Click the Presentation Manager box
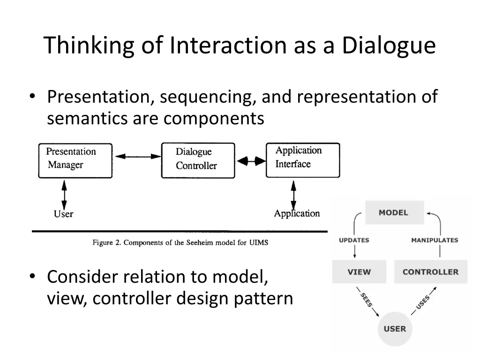(x=75, y=161)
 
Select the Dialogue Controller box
(x=198, y=160)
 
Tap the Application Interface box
(x=303, y=160)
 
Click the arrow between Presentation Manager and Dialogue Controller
(x=138, y=157)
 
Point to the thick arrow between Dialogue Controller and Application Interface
(x=251, y=161)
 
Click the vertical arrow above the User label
(x=64, y=195)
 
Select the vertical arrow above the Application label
(x=293, y=195)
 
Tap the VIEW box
(x=359, y=272)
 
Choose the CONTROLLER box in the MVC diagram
(x=431, y=272)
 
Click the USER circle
(x=395, y=329)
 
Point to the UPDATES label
(x=354, y=240)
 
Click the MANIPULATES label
(x=435, y=240)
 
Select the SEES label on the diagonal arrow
(x=367, y=300)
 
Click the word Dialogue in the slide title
(x=389, y=46)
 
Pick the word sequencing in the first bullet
(x=208, y=97)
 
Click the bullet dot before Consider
(x=32, y=277)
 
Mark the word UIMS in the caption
(x=259, y=243)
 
